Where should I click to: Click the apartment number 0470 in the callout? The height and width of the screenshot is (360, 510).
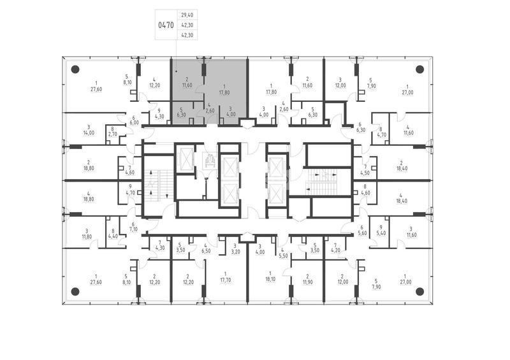point(166,25)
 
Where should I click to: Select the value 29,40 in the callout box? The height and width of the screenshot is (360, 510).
point(187,15)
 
